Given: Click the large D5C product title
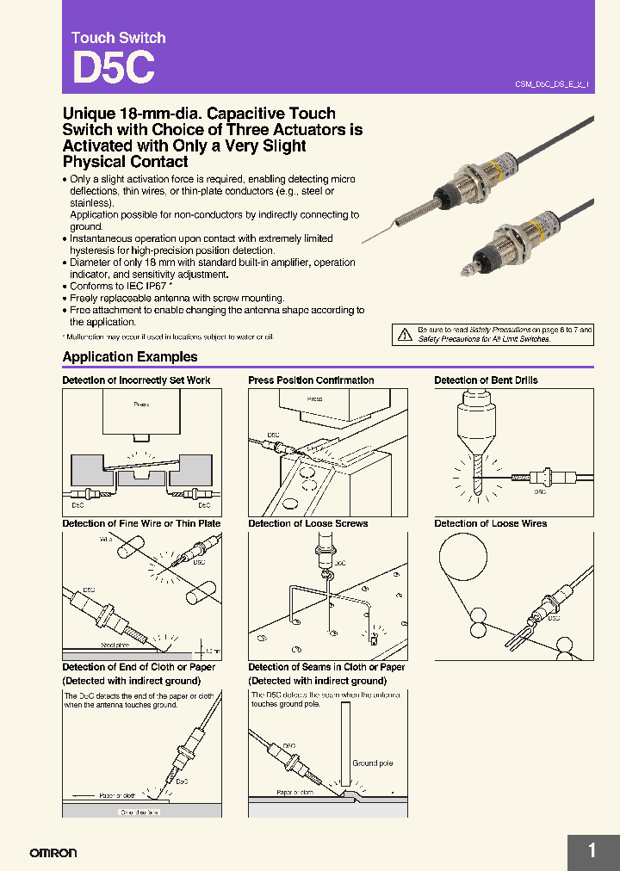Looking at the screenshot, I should pos(113,69).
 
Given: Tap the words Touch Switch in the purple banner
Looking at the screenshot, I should pos(118,38).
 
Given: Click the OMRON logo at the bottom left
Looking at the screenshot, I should pos(53,853).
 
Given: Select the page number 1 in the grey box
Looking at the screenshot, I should pos(592,851).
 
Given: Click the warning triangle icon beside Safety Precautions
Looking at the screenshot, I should pos(404,335).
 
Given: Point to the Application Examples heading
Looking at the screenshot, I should pos(130,357).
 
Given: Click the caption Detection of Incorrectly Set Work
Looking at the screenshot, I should pos(136,380).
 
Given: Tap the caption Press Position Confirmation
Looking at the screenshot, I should pos(311,380).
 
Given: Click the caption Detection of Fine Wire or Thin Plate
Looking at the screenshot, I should pos(141,523).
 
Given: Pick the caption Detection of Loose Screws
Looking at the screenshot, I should pos(307,523).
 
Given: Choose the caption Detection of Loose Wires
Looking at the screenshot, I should pos(490,523).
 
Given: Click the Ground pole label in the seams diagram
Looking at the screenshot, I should pos(372,763).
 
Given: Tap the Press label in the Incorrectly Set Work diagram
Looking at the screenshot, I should pos(141,404).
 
